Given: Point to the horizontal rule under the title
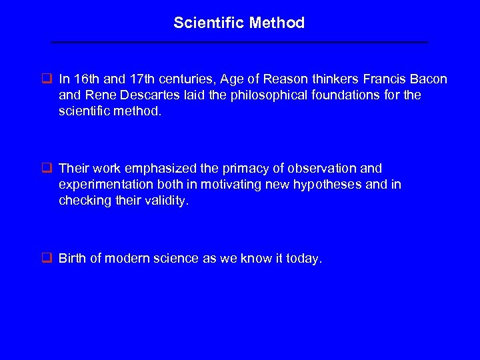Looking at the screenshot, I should (240, 42).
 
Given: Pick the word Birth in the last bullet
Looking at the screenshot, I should (72, 259).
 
